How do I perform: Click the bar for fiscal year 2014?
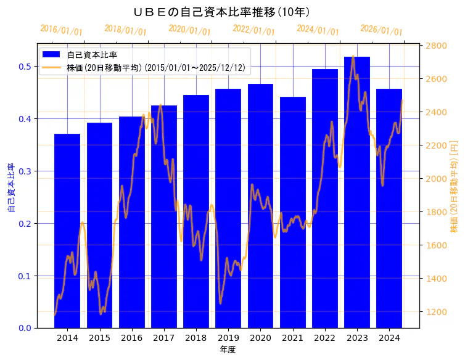point(67,234)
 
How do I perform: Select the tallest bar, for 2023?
point(357,197)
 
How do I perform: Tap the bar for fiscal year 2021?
point(293,216)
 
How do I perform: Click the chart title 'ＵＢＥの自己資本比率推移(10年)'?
point(221,12)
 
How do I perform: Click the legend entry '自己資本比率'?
point(92,54)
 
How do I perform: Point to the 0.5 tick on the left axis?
point(25,67)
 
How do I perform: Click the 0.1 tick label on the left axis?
point(25,276)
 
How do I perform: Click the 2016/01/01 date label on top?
point(61,30)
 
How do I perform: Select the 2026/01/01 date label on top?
point(381,30)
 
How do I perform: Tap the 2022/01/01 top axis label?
point(253,30)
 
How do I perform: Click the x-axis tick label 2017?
point(164,338)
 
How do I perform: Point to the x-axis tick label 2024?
point(389,338)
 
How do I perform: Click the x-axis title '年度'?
point(228,350)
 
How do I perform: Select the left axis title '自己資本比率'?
point(11,188)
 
